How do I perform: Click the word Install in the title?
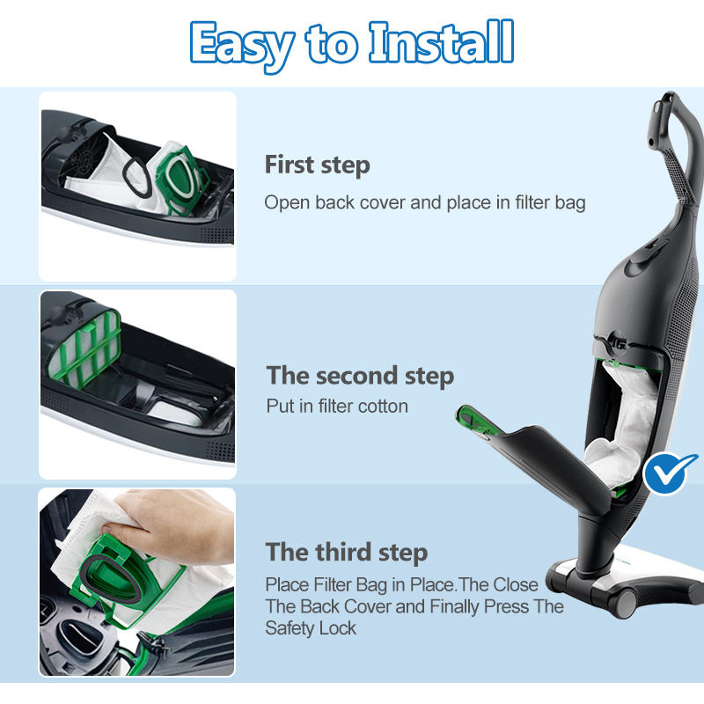tap(441, 42)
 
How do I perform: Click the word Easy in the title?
tap(242, 46)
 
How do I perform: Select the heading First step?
tap(317, 165)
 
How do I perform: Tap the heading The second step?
tap(360, 376)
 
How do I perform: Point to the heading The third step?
tap(347, 552)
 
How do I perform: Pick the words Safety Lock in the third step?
tap(311, 628)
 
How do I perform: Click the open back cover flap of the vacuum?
tap(539, 453)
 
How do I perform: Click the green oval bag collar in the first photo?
tap(179, 178)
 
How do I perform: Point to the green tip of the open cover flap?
tap(473, 419)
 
